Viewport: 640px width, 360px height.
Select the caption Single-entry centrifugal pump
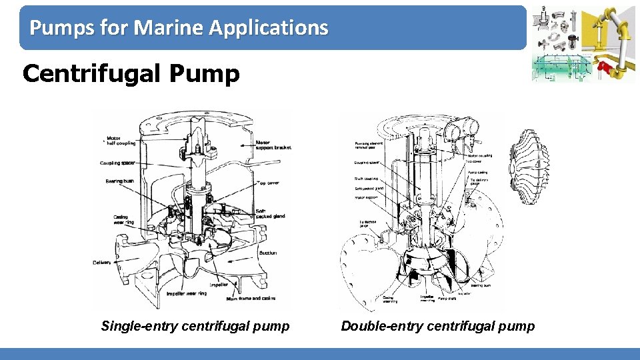tap(195, 326)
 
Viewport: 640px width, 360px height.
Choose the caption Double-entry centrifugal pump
tap(438, 326)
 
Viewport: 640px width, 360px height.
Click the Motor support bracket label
tap(274, 145)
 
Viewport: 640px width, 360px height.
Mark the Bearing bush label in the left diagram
tap(120, 181)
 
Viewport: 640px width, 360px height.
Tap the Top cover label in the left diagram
tap(269, 183)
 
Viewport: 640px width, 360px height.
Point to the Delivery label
tap(102, 263)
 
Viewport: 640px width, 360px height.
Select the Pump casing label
tap(477, 172)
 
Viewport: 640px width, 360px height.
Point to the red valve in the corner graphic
tap(605, 67)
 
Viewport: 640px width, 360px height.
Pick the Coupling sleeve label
tap(367, 162)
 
